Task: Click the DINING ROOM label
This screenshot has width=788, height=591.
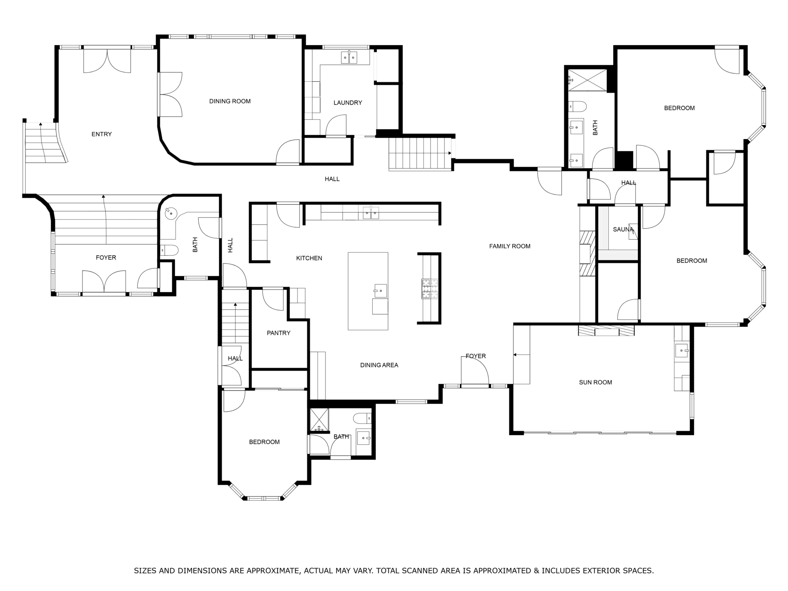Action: (230, 101)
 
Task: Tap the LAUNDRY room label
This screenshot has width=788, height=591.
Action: (348, 103)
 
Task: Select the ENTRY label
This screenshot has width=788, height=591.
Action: (101, 134)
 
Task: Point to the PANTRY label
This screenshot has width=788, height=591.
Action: (278, 333)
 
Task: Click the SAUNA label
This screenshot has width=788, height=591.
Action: (623, 229)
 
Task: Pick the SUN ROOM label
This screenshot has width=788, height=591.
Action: (595, 382)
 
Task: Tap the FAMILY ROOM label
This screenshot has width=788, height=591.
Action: (510, 246)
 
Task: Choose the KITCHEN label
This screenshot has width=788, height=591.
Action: (309, 258)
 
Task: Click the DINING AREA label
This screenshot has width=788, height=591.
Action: (379, 365)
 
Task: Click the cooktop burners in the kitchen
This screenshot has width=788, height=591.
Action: (429, 289)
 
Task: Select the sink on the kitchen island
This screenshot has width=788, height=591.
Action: (380, 291)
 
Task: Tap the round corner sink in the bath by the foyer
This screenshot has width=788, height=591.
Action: (170, 213)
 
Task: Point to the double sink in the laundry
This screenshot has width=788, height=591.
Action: (349, 57)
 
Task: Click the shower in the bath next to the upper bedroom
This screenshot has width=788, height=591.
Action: (587, 80)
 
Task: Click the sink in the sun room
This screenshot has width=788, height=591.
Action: (682, 351)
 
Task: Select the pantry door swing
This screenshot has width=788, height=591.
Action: (273, 300)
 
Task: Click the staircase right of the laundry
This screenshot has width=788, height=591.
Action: (419, 153)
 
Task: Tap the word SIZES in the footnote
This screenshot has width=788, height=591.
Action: (145, 570)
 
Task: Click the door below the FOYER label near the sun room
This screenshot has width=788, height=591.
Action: (475, 371)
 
